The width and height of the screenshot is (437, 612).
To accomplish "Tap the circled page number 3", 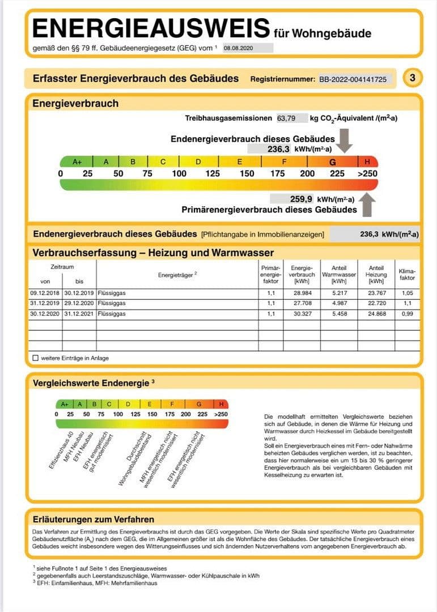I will pyautogui.click(x=412, y=79).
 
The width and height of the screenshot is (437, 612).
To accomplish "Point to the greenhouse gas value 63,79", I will pyautogui.click(x=286, y=118).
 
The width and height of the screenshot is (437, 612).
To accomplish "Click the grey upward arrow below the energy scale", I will pyautogui.click(x=368, y=205).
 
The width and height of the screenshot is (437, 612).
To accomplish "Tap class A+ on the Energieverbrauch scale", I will pyautogui.click(x=77, y=161).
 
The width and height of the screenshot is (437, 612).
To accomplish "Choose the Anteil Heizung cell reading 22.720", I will pyautogui.click(x=376, y=303).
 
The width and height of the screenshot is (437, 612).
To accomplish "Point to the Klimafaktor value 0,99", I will pyautogui.click(x=407, y=313).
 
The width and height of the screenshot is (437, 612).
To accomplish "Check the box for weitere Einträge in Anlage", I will pyautogui.click(x=36, y=358).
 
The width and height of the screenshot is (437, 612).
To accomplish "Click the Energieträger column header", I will pyautogui.click(x=177, y=274).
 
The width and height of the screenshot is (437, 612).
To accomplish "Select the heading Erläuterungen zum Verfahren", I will pyautogui.click(x=93, y=518).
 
